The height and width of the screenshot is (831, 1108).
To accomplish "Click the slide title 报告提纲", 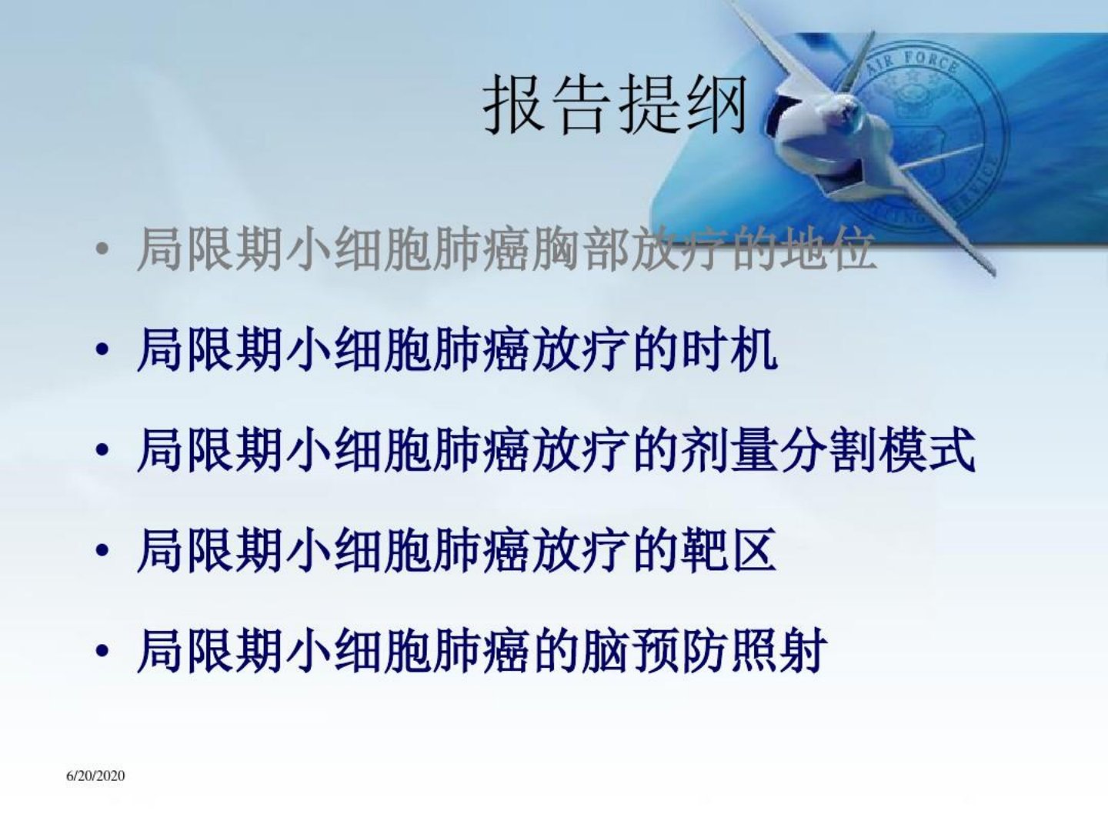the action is coord(615,104).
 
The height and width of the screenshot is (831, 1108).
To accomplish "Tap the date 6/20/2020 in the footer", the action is coord(95,776).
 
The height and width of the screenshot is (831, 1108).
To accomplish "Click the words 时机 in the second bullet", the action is coord(729,349).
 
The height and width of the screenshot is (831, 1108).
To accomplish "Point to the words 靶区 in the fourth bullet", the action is coord(729,549).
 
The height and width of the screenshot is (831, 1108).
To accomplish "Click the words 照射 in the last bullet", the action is coord(779,650).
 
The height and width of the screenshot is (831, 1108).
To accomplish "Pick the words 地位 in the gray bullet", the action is coord(828,249).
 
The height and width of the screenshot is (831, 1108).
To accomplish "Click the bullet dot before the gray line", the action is coord(102,249).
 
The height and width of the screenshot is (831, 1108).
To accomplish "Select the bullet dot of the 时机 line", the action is coord(102,349).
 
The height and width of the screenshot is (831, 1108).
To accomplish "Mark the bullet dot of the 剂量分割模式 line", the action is coord(102,449).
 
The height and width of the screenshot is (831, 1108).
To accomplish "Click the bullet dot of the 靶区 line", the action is coord(102,550).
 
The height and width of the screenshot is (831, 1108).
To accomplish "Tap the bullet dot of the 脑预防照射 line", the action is coord(102,650).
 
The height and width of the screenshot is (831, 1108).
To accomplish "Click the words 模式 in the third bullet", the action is coord(926,449).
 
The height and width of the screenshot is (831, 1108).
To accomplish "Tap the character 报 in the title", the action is coord(515,104).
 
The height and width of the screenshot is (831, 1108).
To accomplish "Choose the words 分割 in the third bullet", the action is coord(828,449).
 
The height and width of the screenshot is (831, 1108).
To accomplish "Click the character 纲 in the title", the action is coord(716,104).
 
